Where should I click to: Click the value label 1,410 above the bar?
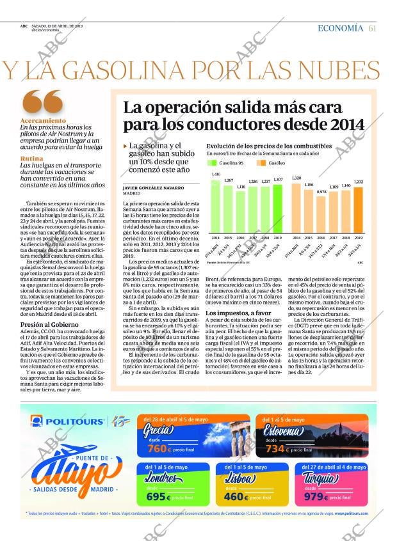[x=216, y=175]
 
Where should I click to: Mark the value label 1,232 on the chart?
[x=359, y=182]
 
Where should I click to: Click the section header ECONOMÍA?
[x=340, y=28]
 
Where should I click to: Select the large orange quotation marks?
[x=42, y=102]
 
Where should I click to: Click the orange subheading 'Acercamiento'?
[x=43, y=121]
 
